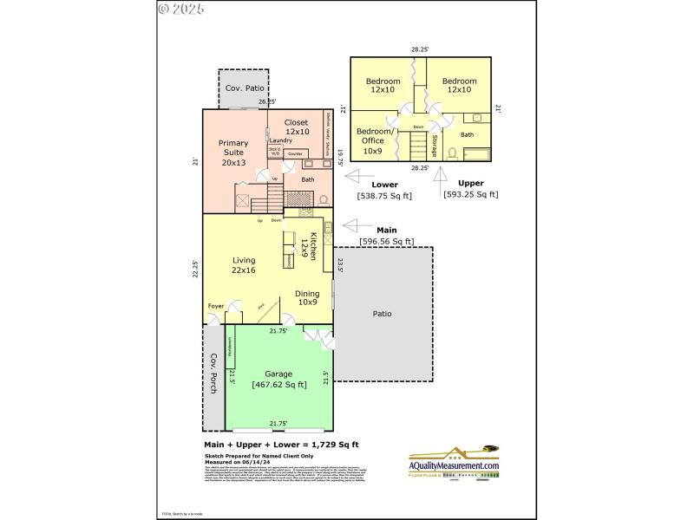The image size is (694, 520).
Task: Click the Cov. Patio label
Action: tap(245, 88)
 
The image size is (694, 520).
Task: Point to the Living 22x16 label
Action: tap(244, 265)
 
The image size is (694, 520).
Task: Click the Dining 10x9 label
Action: tap(307, 298)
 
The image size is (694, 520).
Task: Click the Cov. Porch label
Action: tap(213, 373)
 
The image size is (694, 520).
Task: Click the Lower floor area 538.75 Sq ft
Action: tap(384, 196)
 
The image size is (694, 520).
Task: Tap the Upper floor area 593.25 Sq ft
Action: tap(471, 195)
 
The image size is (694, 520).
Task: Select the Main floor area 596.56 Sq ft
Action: tap(386, 241)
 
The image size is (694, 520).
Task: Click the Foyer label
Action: tap(216, 306)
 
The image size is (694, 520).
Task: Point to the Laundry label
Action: tap(280, 140)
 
